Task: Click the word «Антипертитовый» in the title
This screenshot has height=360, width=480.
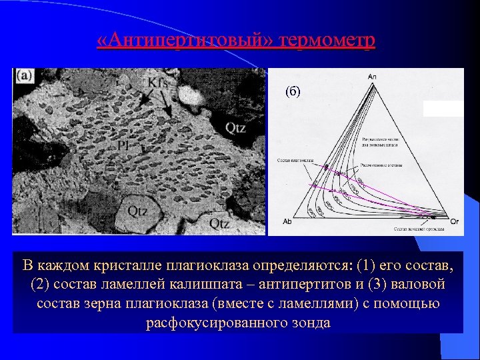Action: (179, 41)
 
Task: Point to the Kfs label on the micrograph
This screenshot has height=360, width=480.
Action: (158, 83)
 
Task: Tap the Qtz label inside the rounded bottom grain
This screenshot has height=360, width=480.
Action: (137, 211)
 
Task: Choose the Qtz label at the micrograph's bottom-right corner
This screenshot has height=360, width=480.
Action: (220, 223)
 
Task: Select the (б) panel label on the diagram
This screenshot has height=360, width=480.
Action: (294, 91)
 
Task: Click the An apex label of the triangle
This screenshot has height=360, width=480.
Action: (372, 77)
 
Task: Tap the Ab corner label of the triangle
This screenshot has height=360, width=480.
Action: (287, 221)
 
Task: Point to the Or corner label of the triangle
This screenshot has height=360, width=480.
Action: (455, 221)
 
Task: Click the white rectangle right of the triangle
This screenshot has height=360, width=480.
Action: (443, 109)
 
